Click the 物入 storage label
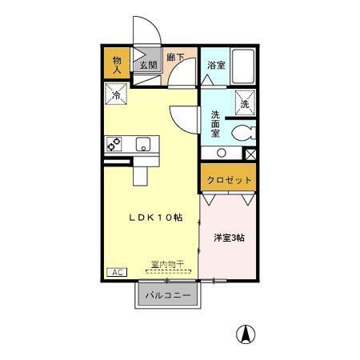(x=117, y=65)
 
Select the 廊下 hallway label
(x=176, y=58)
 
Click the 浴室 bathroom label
(x=215, y=66)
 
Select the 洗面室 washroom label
(x=215, y=124)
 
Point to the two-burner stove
(x=114, y=145)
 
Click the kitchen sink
(x=143, y=145)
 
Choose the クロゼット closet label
(x=229, y=180)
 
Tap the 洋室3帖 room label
(x=229, y=238)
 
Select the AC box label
(x=116, y=273)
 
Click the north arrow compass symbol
(x=247, y=333)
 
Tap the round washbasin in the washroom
(x=220, y=152)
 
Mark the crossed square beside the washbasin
(x=250, y=153)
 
